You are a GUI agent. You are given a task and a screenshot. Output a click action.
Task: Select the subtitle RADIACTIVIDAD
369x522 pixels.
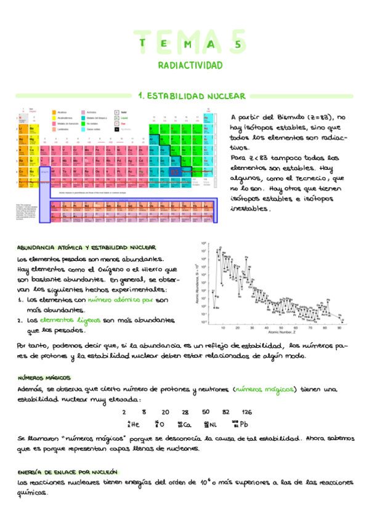tap(190, 65)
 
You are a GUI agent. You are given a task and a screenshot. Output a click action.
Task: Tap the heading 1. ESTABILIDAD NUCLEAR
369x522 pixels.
tap(192, 96)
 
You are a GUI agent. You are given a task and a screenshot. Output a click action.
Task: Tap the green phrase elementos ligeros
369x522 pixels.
tap(69, 321)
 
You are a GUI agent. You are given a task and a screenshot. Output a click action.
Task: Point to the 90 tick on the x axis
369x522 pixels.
tap(342, 328)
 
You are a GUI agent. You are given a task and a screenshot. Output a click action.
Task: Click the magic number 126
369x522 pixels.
tap(246, 412)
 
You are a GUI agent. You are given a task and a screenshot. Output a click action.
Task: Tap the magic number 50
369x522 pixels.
tap(205, 412)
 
